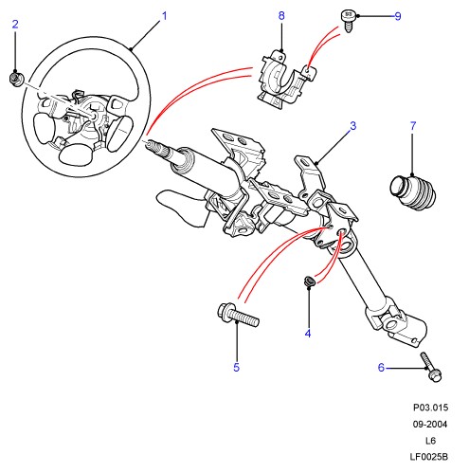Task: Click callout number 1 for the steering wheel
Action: point(164,16)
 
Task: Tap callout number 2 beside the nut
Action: point(15,25)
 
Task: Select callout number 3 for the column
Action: point(353,126)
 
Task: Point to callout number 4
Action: point(308,334)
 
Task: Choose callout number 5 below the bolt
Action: point(237,367)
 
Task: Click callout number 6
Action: point(381,368)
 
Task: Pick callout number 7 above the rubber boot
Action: point(413,126)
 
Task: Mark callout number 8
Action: point(281,15)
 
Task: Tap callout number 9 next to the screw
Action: point(398,16)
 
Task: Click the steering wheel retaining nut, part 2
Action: point(15,79)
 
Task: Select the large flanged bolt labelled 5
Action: point(238,315)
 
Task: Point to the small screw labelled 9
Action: point(349,21)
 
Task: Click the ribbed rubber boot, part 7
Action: point(413,192)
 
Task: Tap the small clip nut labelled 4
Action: point(309,281)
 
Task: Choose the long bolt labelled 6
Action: point(431,367)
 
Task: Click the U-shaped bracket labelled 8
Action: point(286,81)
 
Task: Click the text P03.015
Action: point(430,408)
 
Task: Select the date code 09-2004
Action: point(430,424)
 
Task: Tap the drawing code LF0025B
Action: point(429,457)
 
